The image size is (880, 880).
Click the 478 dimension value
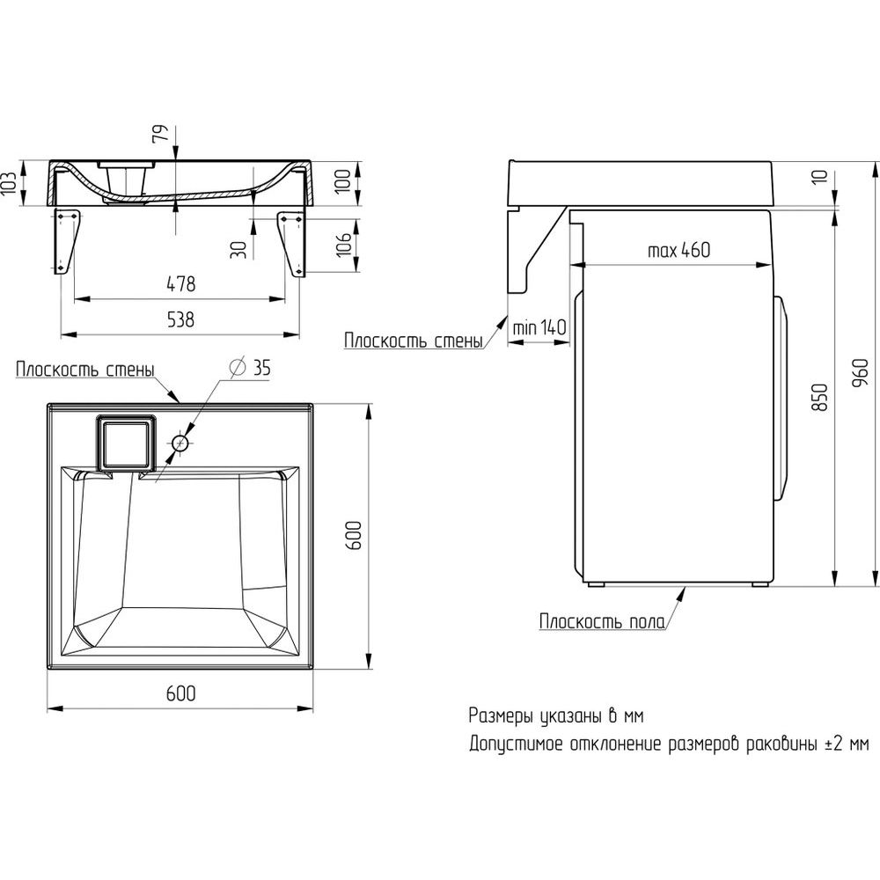click(x=181, y=284)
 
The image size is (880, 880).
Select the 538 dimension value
click(x=181, y=319)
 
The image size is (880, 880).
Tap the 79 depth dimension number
click(x=161, y=133)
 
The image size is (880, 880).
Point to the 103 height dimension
click(x=9, y=183)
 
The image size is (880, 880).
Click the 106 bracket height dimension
click(x=343, y=243)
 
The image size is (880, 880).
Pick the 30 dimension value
click(x=239, y=249)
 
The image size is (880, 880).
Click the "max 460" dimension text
click(x=678, y=250)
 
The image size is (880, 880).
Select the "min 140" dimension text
click(x=539, y=326)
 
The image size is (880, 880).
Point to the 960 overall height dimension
click(x=860, y=372)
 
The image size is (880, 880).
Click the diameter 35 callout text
click(x=250, y=368)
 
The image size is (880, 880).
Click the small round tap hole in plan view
click(x=180, y=444)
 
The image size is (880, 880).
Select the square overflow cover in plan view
click(x=125, y=444)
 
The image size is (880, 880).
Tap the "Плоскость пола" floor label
click(x=602, y=622)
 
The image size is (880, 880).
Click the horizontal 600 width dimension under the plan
click(x=180, y=693)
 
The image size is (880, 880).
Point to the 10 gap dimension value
click(x=820, y=176)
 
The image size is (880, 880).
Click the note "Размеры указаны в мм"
click(x=556, y=716)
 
